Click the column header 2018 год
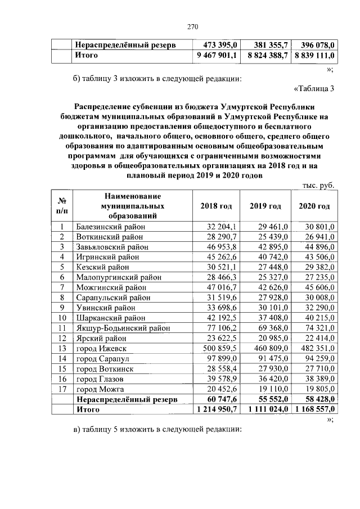pos(216,206)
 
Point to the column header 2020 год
pos(314,206)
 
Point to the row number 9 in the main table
pos(62,308)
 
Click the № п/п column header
pos(62,206)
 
